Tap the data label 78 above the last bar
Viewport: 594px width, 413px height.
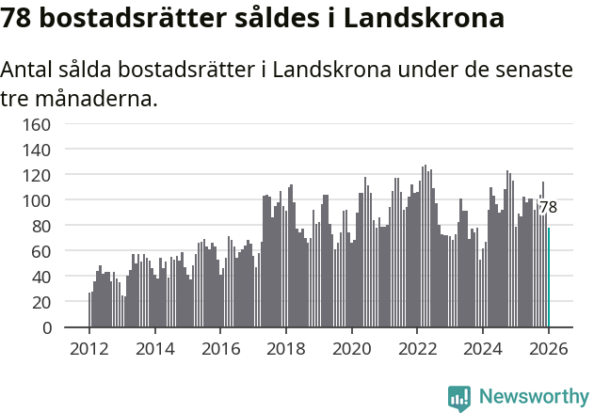coord(548,208)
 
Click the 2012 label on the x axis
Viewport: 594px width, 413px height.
coord(89,349)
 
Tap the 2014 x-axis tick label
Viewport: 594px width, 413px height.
coord(155,349)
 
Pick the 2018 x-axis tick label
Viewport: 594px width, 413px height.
coord(286,349)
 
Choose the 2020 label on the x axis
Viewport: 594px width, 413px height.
coord(352,349)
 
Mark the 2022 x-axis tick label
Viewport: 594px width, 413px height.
coord(417,349)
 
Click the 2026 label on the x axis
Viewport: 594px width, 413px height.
coord(548,349)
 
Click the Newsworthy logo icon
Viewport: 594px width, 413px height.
coord(459,398)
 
